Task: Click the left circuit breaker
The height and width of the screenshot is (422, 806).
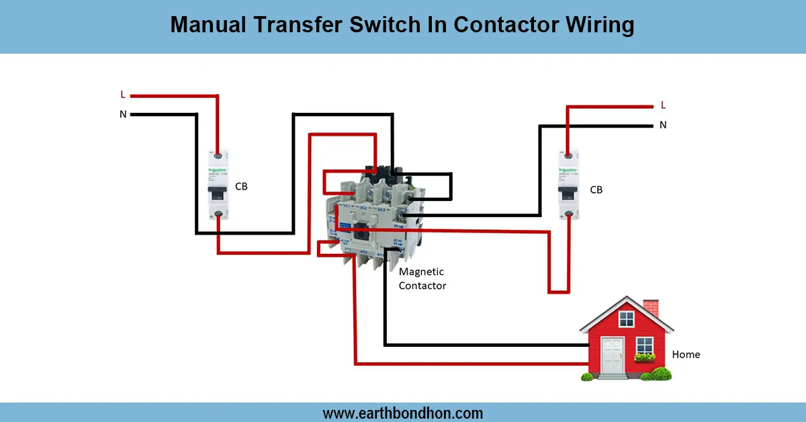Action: [218, 186]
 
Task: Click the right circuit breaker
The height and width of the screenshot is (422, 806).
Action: [568, 186]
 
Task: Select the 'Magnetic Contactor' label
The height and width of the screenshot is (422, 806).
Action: [422, 278]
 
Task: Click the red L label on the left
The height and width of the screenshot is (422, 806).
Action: [123, 95]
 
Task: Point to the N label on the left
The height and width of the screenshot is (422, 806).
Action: [123, 114]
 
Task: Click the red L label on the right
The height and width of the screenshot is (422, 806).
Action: [663, 105]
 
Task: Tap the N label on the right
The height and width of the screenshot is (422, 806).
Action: [663, 124]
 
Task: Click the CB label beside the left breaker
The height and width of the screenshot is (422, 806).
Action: [241, 186]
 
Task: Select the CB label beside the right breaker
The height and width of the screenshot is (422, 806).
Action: [596, 189]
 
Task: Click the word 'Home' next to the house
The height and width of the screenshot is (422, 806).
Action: [686, 354]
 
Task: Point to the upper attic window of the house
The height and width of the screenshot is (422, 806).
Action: [626, 319]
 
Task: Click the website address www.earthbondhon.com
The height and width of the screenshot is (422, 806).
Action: [403, 413]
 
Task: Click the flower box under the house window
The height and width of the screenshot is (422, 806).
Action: [644, 357]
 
